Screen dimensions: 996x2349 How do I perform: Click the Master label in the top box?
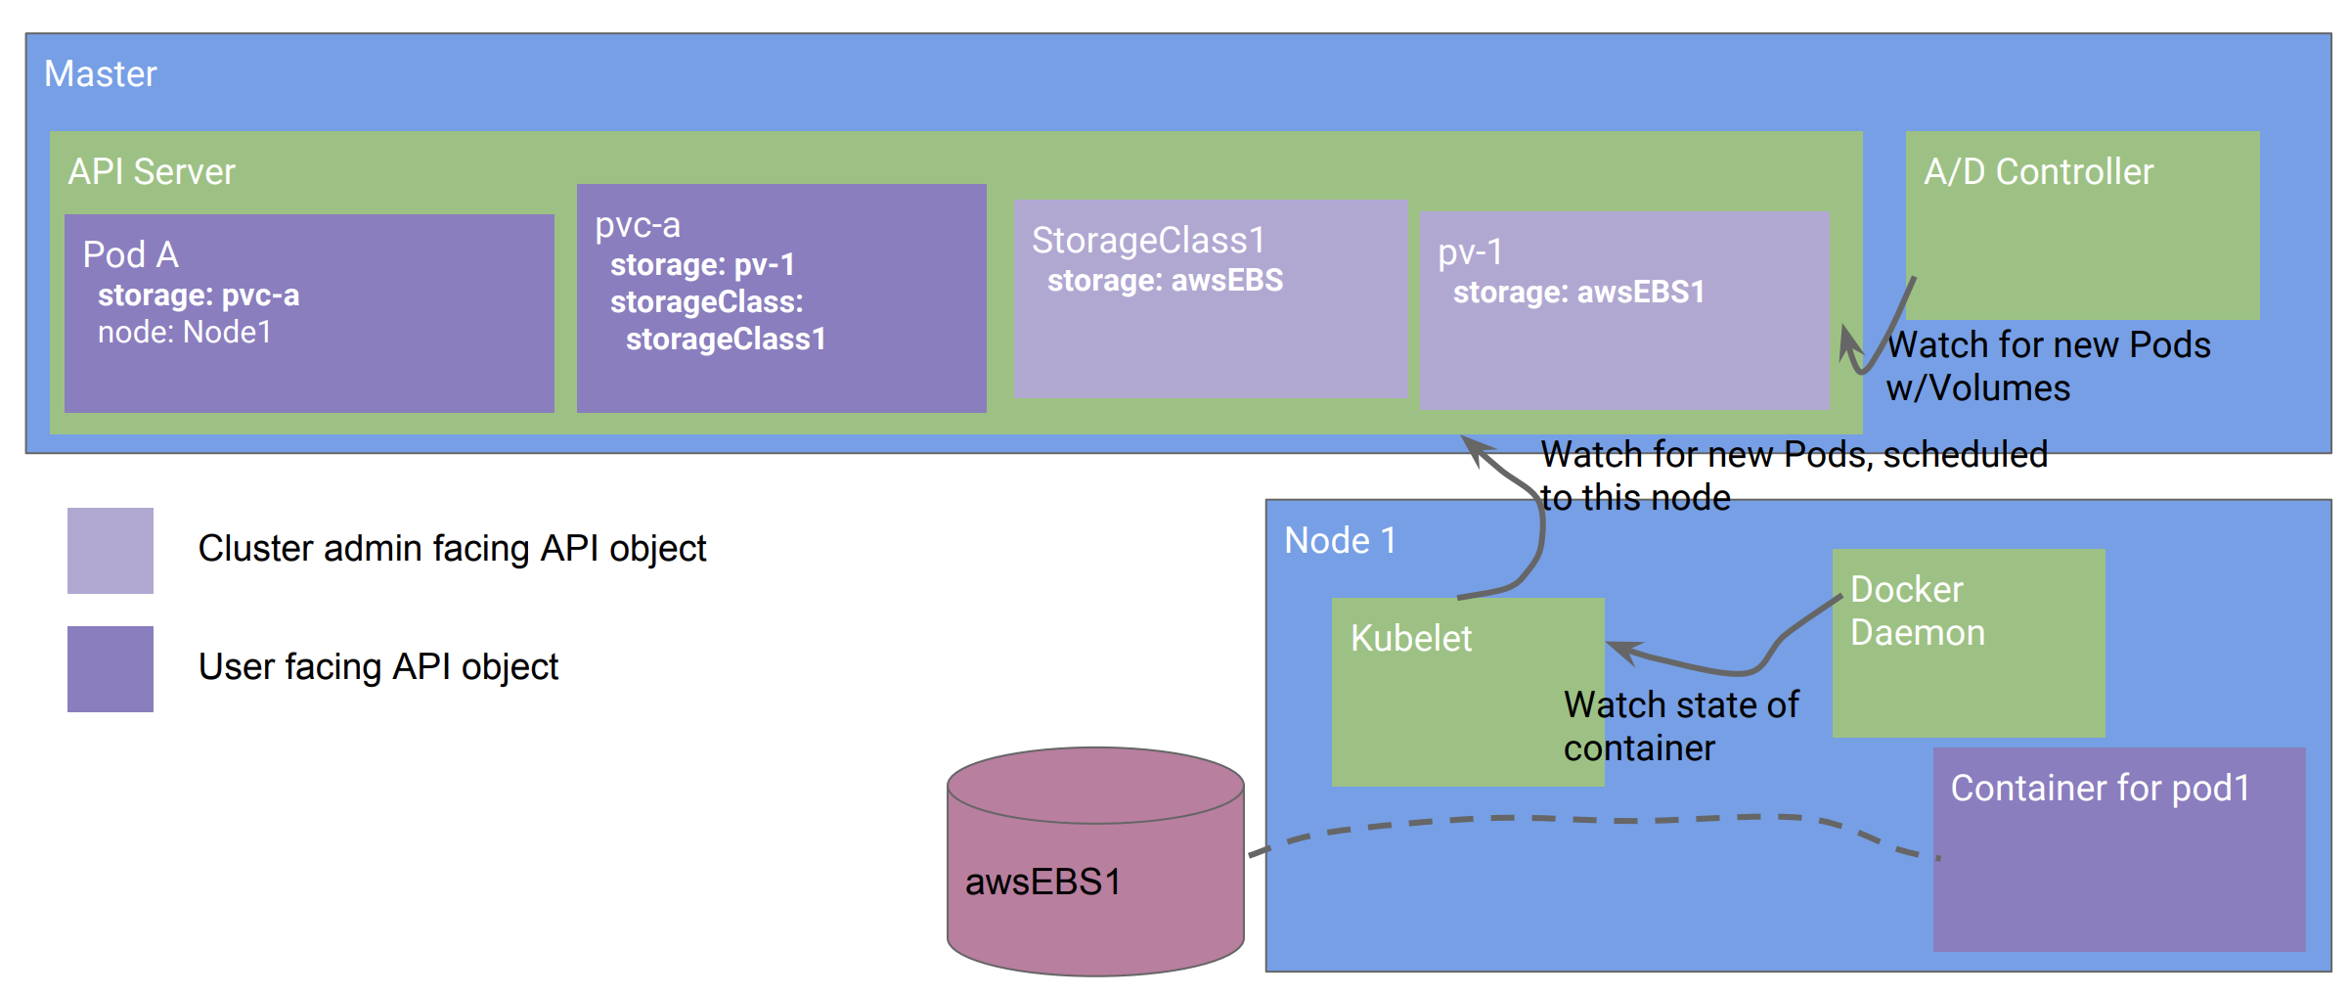click(101, 74)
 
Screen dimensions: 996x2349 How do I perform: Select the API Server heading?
click(152, 172)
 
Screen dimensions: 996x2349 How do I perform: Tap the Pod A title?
click(130, 254)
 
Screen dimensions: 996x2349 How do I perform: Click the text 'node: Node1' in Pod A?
click(185, 333)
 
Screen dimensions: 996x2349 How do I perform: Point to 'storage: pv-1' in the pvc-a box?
click(702, 265)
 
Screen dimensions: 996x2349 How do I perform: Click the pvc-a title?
click(638, 225)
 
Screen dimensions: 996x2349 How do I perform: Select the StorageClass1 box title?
click(1148, 241)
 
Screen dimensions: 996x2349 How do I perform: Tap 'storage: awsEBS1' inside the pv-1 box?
click(1578, 293)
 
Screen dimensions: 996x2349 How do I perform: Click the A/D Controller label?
click(2038, 172)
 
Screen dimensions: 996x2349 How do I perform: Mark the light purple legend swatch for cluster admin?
click(111, 551)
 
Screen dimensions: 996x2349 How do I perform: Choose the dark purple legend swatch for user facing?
click(111, 669)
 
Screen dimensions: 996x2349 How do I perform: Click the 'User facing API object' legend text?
click(377, 667)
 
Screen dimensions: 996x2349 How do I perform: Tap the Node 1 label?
click(1340, 541)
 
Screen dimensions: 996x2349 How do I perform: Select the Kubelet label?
click(1410, 639)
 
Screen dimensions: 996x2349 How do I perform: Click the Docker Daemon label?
click(1917, 611)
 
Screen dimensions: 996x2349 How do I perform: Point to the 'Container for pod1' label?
click(2100, 789)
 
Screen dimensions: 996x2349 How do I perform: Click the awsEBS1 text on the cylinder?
click(1042, 883)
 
